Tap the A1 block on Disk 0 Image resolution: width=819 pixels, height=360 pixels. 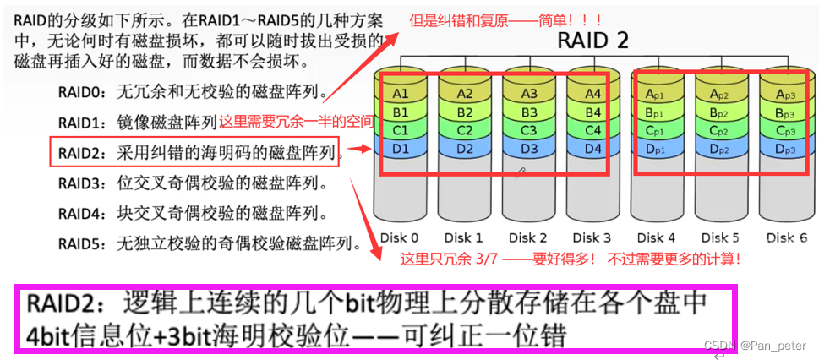click(401, 93)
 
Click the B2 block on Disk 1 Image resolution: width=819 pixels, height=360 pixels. click(464, 112)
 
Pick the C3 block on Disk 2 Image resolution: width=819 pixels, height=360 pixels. click(528, 130)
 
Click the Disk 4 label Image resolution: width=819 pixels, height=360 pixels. click(655, 237)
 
